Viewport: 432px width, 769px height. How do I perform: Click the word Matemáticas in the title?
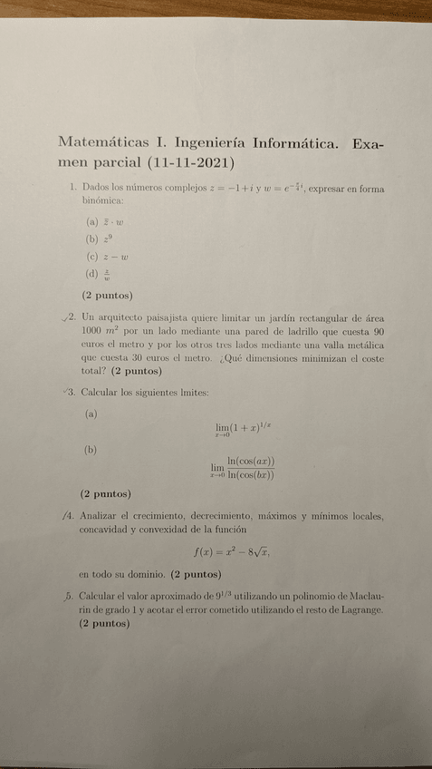click(99, 144)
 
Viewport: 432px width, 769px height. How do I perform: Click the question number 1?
click(72, 188)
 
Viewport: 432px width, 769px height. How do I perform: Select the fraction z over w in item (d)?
click(107, 274)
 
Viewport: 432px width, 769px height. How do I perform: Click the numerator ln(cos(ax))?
click(252, 461)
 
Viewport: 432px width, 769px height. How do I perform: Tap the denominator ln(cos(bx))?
click(252, 473)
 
